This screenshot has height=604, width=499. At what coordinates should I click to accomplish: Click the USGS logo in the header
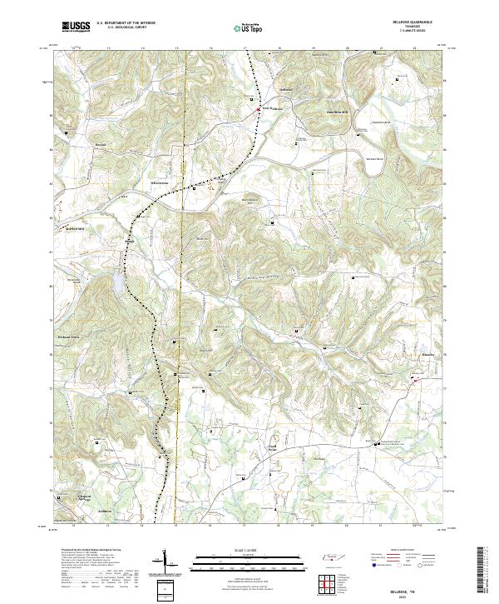tap(76, 27)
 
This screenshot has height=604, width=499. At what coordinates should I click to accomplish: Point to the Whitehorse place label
tap(160, 182)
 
